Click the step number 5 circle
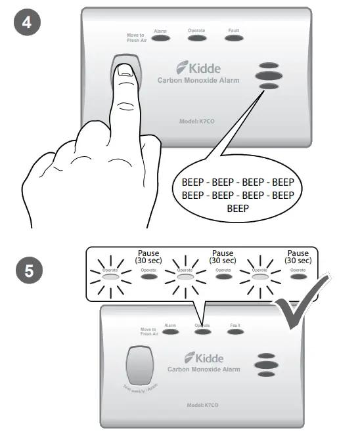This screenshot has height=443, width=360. point(27,270)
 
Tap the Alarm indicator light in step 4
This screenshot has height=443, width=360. point(160,39)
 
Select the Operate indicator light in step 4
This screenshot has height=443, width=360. point(197,39)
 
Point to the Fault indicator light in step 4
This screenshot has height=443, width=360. point(233,39)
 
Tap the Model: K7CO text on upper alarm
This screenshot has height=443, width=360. point(198,121)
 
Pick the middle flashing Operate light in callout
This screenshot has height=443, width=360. point(185,277)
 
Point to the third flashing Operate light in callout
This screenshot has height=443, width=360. point(260,277)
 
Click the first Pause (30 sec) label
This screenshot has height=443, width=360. point(148,257)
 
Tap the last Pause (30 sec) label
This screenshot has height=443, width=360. point(298,257)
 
